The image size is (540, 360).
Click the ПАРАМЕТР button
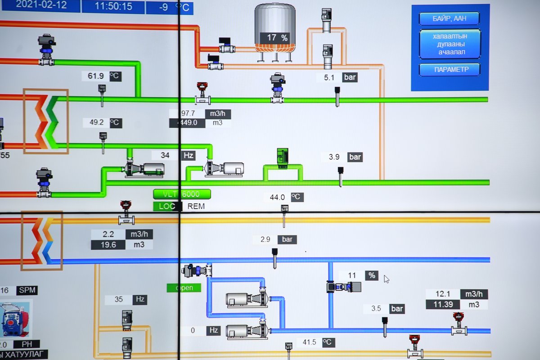click(x=450, y=70)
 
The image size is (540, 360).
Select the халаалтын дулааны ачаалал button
click(x=450, y=44)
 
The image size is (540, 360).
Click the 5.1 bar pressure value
click(x=329, y=77)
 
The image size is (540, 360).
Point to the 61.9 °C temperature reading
click(x=96, y=76)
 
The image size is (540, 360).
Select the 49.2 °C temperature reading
click(x=96, y=122)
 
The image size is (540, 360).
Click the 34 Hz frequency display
click(x=166, y=155)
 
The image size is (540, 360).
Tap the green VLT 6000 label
click(x=182, y=194)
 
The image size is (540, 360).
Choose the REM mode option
click(x=196, y=206)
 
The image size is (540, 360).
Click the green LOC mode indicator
click(x=166, y=206)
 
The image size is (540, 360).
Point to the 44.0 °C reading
click(x=277, y=197)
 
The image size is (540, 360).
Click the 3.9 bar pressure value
click(x=334, y=157)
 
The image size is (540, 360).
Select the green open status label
click(x=184, y=288)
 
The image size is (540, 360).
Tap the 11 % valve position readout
click(x=352, y=275)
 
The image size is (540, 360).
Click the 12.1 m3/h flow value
click(x=443, y=294)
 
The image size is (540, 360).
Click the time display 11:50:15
click(x=113, y=7)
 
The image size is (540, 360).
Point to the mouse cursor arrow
click(x=386, y=279)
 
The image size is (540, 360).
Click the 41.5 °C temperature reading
click(x=309, y=342)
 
